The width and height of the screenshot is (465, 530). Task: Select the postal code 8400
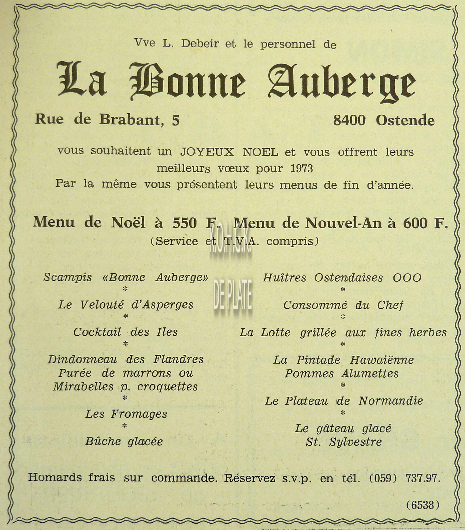coord(349,121)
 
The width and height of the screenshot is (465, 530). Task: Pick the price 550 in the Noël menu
coord(184,223)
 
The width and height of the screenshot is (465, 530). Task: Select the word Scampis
coord(67,278)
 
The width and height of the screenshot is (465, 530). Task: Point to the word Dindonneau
coord(82,359)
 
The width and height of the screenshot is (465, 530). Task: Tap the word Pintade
coord(318,360)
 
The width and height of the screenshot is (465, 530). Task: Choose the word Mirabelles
coord(83,387)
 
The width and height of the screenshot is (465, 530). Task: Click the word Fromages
coord(139,414)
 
